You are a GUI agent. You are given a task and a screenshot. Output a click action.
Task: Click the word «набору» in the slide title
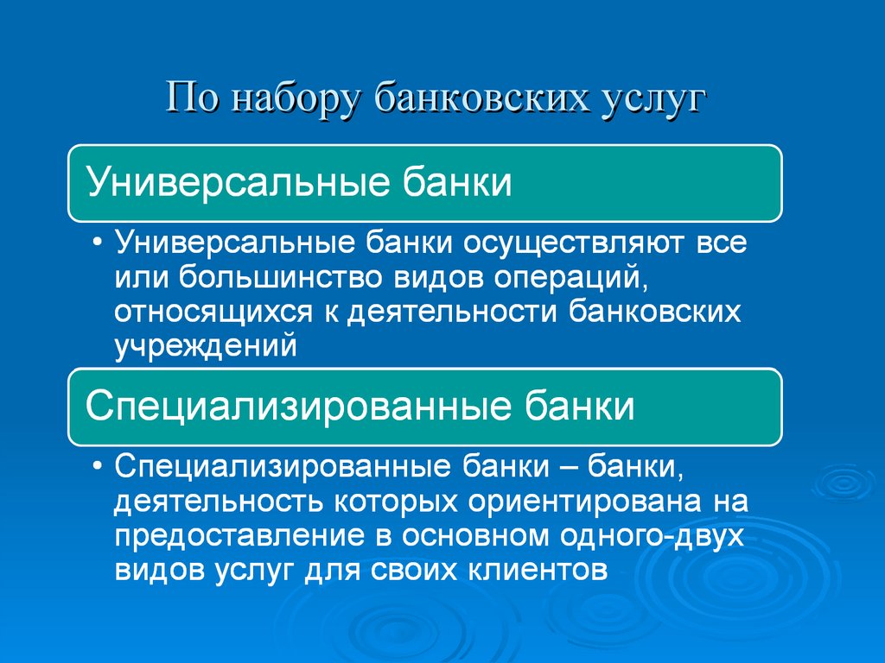(295, 97)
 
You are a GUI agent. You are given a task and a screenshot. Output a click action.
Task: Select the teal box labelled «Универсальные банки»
(425, 183)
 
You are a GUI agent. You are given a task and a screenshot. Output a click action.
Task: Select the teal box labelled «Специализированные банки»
(425, 406)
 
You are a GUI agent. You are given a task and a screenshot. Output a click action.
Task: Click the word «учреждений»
(206, 345)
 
